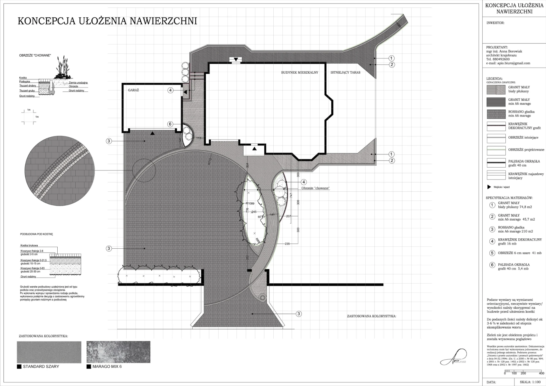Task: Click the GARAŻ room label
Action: [x=133, y=90]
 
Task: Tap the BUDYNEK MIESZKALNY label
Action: [x=299, y=73]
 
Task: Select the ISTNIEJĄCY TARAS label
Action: [x=345, y=73]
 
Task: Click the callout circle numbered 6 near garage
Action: [x=171, y=124]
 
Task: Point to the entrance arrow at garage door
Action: [x=153, y=133]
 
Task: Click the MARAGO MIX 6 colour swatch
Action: [x=118, y=352]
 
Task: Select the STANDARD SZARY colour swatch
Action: [x=49, y=352]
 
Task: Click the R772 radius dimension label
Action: [x=210, y=161]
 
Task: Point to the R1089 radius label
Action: [x=250, y=203]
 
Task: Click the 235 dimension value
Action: [x=287, y=244]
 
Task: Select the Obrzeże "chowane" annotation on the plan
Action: [x=315, y=188]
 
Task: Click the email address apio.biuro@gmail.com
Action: [x=514, y=63]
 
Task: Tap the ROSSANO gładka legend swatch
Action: [x=496, y=114]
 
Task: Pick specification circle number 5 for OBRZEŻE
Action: [x=492, y=253]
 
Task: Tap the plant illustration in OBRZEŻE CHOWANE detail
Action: [x=62, y=69]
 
